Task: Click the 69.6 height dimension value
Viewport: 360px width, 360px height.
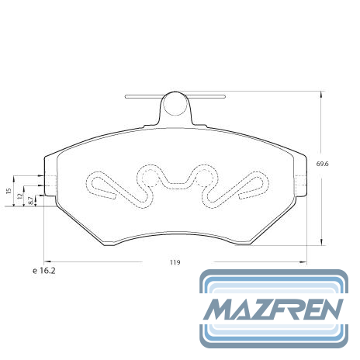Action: (322, 164)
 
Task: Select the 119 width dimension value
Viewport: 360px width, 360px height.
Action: (175, 262)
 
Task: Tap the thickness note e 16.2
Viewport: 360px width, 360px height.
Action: (44, 271)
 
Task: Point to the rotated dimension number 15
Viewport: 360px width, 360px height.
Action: (9, 191)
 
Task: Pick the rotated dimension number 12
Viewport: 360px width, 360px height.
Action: (20, 196)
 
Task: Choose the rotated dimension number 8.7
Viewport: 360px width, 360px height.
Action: (30, 201)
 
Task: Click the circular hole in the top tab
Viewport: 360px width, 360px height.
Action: (175, 104)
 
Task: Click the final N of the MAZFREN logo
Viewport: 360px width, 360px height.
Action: (330, 310)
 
